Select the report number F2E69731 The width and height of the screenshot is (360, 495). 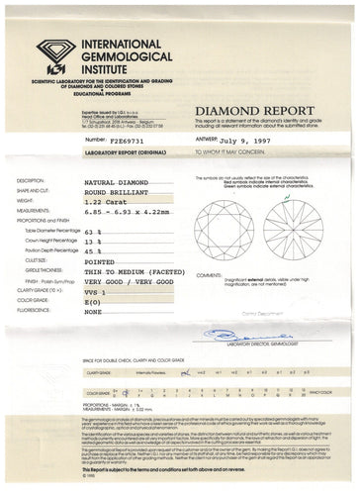click(x=107, y=141)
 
